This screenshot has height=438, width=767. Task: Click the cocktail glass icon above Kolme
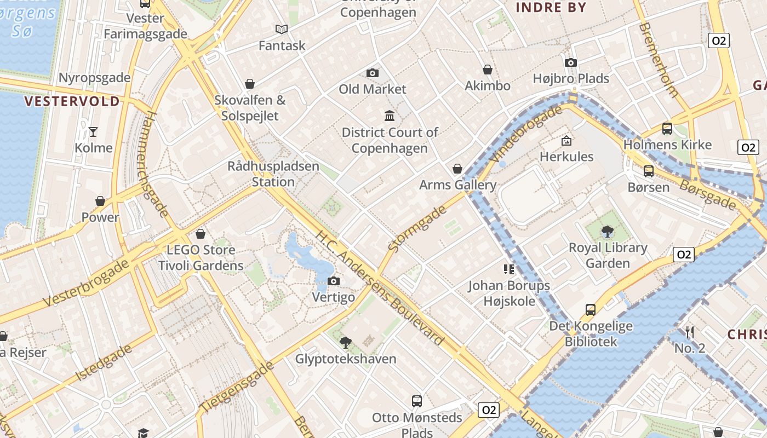[93, 131]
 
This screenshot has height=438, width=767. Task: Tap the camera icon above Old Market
[373, 73]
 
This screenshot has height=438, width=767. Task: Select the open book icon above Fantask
[282, 29]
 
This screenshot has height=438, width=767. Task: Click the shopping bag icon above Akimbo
[487, 70]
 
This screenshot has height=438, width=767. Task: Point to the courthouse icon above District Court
[390, 116]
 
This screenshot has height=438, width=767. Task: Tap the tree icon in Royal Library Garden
[607, 232]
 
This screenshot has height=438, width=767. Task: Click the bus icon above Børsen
[649, 171]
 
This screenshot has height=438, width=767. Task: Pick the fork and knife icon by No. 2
[690, 332]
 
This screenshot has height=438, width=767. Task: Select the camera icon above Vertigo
[333, 281]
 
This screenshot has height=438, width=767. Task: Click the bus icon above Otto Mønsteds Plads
[417, 401]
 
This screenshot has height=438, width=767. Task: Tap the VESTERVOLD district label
[72, 101]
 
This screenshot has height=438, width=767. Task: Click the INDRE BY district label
[551, 8]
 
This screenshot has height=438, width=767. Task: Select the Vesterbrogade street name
[86, 283]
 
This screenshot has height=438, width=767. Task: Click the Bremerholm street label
[659, 60]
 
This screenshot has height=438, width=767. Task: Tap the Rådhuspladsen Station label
[273, 174]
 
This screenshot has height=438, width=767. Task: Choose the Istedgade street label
[105, 363]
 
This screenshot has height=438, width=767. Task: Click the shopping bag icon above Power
[100, 201]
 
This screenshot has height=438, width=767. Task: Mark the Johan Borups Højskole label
[509, 293]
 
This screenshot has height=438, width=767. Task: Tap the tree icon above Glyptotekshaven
[345, 343]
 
